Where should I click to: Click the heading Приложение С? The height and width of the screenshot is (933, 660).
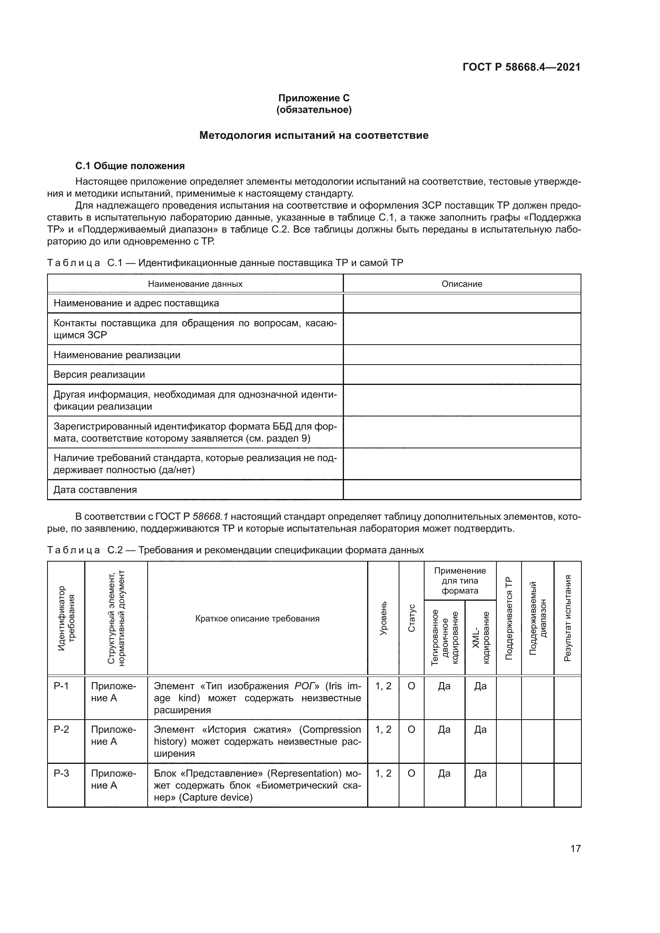pyautogui.click(x=314, y=98)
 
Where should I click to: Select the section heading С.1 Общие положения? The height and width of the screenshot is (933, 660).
pyautogui.click(x=130, y=166)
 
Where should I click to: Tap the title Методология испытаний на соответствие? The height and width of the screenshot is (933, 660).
pyautogui.click(x=314, y=135)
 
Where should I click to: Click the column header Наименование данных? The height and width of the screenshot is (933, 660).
pyautogui.click(x=195, y=284)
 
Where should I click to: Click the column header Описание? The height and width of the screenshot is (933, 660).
pyautogui.click(x=462, y=284)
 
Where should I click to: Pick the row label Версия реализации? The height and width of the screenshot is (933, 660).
pyautogui.click(x=99, y=375)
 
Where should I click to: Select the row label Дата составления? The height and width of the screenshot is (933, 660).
pyautogui.click(x=95, y=490)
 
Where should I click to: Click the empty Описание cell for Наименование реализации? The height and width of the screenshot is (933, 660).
pyautogui.click(x=462, y=355)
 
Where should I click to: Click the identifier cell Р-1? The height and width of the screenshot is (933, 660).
pyautogui.click(x=61, y=686)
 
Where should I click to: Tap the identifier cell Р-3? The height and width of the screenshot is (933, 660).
pyautogui.click(x=61, y=773)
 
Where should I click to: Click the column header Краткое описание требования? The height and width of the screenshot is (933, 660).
pyautogui.click(x=257, y=619)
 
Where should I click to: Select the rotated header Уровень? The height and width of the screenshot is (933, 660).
pyautogui.click(x=383, y=619)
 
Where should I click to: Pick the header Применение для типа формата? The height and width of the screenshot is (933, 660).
pyautogui.click(x=460, y=581)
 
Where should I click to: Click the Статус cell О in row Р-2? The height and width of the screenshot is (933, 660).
pyautogui.click(x=411, y=730)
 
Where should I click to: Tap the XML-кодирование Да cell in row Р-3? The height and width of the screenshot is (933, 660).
pyautogui.click(x=480, y=773)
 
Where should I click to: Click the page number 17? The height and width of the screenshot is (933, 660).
pyautogui.click(x=575, y=848)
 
